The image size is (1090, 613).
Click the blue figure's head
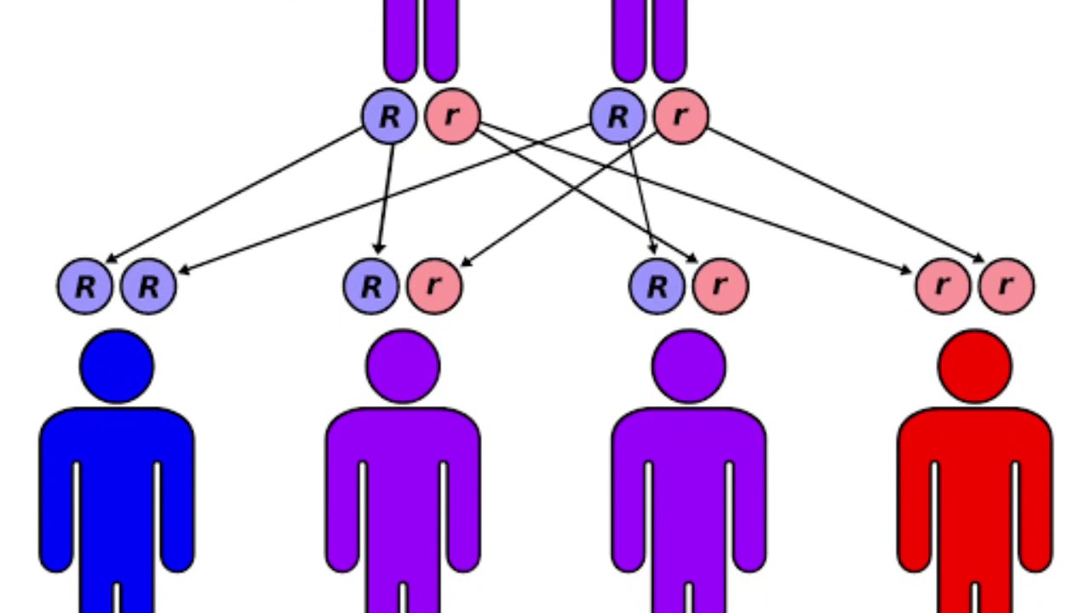tap(117, 367)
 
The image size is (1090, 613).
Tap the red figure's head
tap(975, 367)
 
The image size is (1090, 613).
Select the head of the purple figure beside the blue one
tap(403, 367)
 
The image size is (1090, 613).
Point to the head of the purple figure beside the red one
tap(689, 367)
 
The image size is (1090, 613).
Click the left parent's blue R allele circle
tap(389, 117)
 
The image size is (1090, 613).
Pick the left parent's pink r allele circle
tap(452, 117)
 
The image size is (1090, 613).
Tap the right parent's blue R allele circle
tap(617, 117)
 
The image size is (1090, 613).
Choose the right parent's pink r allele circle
tap(680, 117)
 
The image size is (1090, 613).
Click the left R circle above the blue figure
tap(85, 287)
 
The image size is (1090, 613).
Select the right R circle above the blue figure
tap(148, 287)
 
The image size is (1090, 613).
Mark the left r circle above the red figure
tap(944, 287)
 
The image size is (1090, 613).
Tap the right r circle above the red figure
tap(1007, 287)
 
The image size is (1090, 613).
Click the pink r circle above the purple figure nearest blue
tap(434, 287)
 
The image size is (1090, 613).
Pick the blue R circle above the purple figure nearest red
tap(657, 287)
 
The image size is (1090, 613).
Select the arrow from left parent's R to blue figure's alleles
tap(234, 194)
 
